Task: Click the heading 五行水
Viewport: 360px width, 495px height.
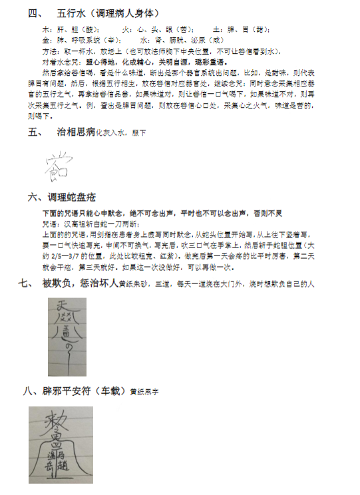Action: click(x=71, y=13)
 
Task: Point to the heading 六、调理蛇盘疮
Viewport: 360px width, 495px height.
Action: click(x=63, y=197)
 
